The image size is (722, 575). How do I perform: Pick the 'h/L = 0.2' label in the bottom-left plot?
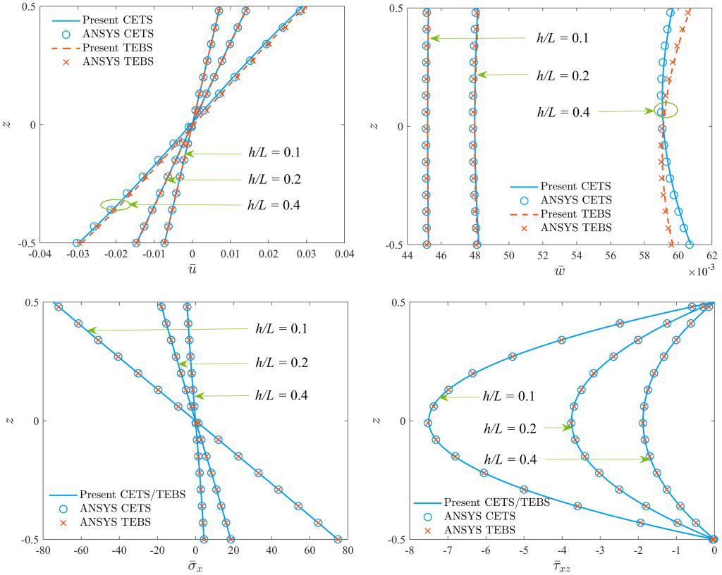(x=281, y=363)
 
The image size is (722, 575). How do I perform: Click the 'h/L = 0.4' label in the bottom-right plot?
(x=509, y=459)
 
